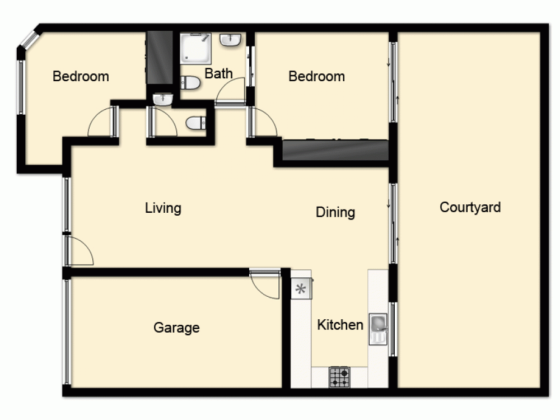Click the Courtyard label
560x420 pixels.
(x=470, y=207)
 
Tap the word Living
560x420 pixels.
(x=163, y=208)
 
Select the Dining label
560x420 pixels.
(x=335, y=212)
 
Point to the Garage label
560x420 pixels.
(x=176, y=328)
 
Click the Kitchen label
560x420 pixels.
(x=340, y=325)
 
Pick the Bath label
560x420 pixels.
(x=218, y=73)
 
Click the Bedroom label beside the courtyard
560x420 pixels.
(x=316, y=76)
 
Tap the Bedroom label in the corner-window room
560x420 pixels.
(x=81, y=76)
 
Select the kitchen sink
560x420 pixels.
(x=378, y=323)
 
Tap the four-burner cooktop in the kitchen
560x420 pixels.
(x=339, y=377)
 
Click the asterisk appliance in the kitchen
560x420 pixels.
(x=301, y=290)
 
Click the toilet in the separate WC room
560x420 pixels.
(x=195, y=122)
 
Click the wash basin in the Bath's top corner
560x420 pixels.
(x=231, y=39)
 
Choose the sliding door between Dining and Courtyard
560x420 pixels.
(x=393, y=223)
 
